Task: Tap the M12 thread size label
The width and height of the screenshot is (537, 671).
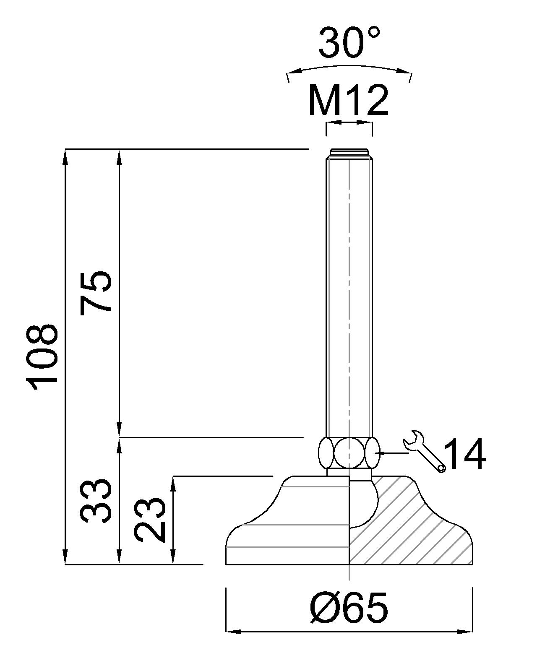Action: (x=348, y=101)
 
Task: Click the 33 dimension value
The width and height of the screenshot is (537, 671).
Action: (x=96, y=501)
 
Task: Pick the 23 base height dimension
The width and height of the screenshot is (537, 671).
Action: (x=150, y=520)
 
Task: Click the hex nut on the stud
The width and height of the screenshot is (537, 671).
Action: (x=349, y=453)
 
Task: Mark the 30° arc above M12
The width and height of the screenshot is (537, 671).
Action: (x=349, y=67)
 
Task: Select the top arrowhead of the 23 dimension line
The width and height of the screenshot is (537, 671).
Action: (x=173, y=482)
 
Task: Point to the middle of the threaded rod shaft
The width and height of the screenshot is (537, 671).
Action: (x=349, y=294)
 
